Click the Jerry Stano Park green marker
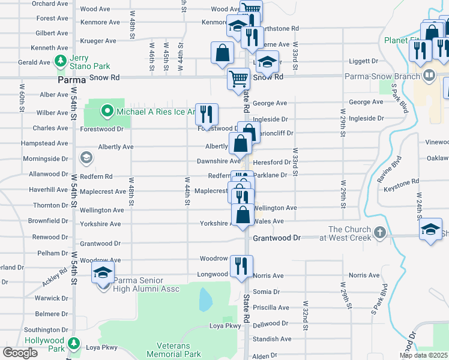point(60,61)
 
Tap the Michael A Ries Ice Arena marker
point(107,110)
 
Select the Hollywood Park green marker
point(74,344)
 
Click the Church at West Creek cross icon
point(379,232)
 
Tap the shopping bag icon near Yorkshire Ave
point(243,215)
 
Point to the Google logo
point(20,353)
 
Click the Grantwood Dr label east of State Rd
point(276,238)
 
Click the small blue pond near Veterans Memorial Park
point(205,299)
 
